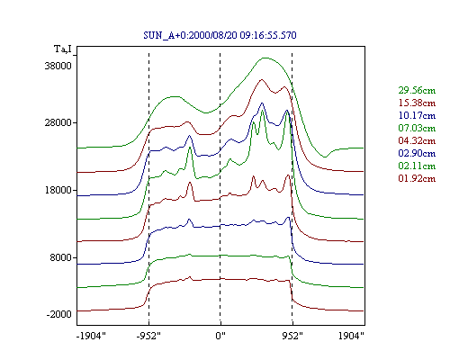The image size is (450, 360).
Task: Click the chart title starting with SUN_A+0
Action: pyautogui.click(x=220, y=35)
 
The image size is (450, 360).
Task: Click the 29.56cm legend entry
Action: pyautogui.click(x=417, y=90)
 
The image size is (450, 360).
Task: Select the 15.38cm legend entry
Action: pyautogui.click(x=417, y=103)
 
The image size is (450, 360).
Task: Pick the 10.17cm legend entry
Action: pyautogui.click(x=417, y=115)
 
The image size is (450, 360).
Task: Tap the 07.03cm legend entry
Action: pyautogui.click(x=417, y=128)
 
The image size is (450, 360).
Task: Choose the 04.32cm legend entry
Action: pyautogui.click(x=417, y=140)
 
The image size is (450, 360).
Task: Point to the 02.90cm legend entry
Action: pyautogui.click(x=417, y=153)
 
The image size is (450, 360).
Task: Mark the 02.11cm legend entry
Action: pyautogui.click(x=417, y=166)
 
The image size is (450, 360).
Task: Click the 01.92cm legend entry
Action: pyautogui.click(x=417, y=178)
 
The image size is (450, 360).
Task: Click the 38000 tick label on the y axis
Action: pyautogui.click(x=58, y=66)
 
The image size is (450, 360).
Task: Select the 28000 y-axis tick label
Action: pyautogui.click(x=58, y=122)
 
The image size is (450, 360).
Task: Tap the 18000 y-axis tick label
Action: pyautogui.click(x=58, y=190)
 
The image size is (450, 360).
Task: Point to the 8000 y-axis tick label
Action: pyautogui.click(x=60, y=257)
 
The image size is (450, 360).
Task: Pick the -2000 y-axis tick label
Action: pyautogui.click(x=58, y=314)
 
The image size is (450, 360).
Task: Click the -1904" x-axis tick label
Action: pyautogui.click(x=91, y=336)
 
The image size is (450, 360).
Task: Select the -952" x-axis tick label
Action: pyautogui.click(x=148, y=336)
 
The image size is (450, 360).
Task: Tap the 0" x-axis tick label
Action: pyautogui.click(x=220, y=336)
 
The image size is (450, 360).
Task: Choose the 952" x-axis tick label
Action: pyautogui.click(x=292, y=336)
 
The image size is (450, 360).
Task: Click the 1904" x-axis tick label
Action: pyautogui.click(x=351, y=336)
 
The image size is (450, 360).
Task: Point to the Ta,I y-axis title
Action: pyautogui.click(x=63, y=49)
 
